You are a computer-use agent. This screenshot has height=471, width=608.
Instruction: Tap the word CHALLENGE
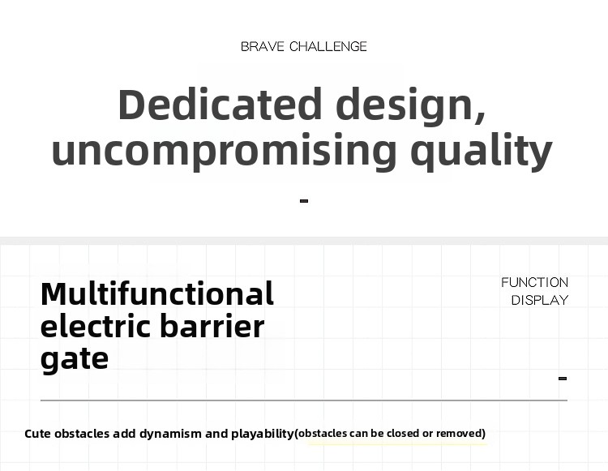[x=328, y=46]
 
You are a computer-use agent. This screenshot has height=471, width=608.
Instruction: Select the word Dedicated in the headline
[x=220, y=105]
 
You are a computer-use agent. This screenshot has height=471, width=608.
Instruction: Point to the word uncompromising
[x=224, y=151]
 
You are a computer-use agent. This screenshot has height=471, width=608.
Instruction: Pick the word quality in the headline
[x=482, y=151]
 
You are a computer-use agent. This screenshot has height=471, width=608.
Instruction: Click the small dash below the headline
[x=304, y=201]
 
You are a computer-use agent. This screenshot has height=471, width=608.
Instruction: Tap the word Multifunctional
[x=157, y=293]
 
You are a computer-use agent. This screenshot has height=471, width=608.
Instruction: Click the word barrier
[x=212, y=326]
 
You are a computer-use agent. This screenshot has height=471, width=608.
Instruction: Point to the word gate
[x=75, y=359]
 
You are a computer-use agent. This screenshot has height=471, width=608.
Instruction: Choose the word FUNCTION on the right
[x=535, y=283]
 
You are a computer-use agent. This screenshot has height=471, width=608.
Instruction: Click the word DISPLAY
[x=540, y=300]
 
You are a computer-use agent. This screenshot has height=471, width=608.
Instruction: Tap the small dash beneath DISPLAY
[x=563, y=379]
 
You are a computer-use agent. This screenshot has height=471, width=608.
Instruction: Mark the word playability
[x=263, y=434]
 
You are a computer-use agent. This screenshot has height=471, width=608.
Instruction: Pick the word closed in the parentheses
[x=403, y=433]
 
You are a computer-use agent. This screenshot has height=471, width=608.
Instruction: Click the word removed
[x=459, y=433]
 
